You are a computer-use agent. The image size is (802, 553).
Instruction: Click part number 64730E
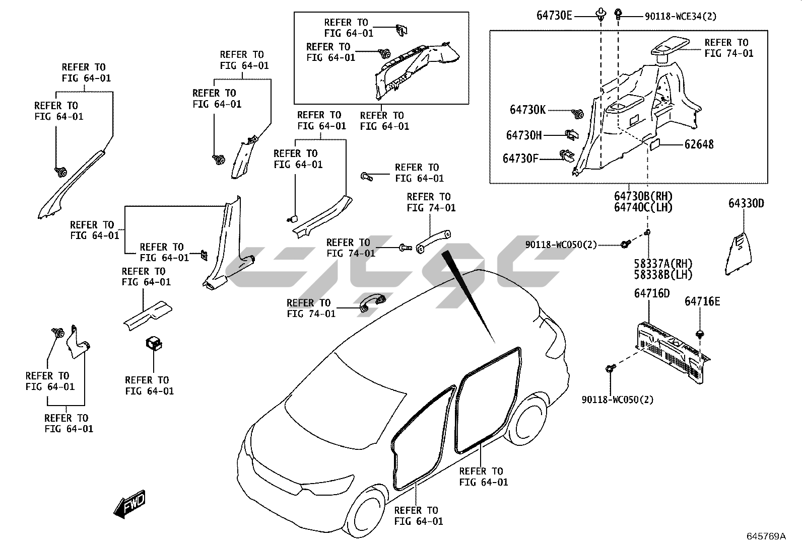[554, 16]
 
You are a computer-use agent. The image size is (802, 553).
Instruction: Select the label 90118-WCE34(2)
[680, 16]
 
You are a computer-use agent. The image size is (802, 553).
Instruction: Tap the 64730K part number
[527, 110]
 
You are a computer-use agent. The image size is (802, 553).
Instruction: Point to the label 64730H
[524, 135]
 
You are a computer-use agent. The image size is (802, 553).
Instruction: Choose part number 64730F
[520, 159]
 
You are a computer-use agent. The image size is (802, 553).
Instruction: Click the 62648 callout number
[699, 144]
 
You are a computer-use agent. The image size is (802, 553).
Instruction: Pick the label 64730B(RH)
[643, 196]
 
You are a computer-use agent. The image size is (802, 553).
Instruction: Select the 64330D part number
[746, 203]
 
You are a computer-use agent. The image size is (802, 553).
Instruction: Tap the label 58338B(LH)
[663, 275]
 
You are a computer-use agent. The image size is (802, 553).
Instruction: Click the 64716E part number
[702, 301]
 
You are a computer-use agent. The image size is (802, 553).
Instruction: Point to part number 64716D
[651, 293]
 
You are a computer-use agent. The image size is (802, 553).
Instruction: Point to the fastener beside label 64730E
[600, 15]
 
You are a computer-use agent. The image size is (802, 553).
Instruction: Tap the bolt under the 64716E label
[700, 333]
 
